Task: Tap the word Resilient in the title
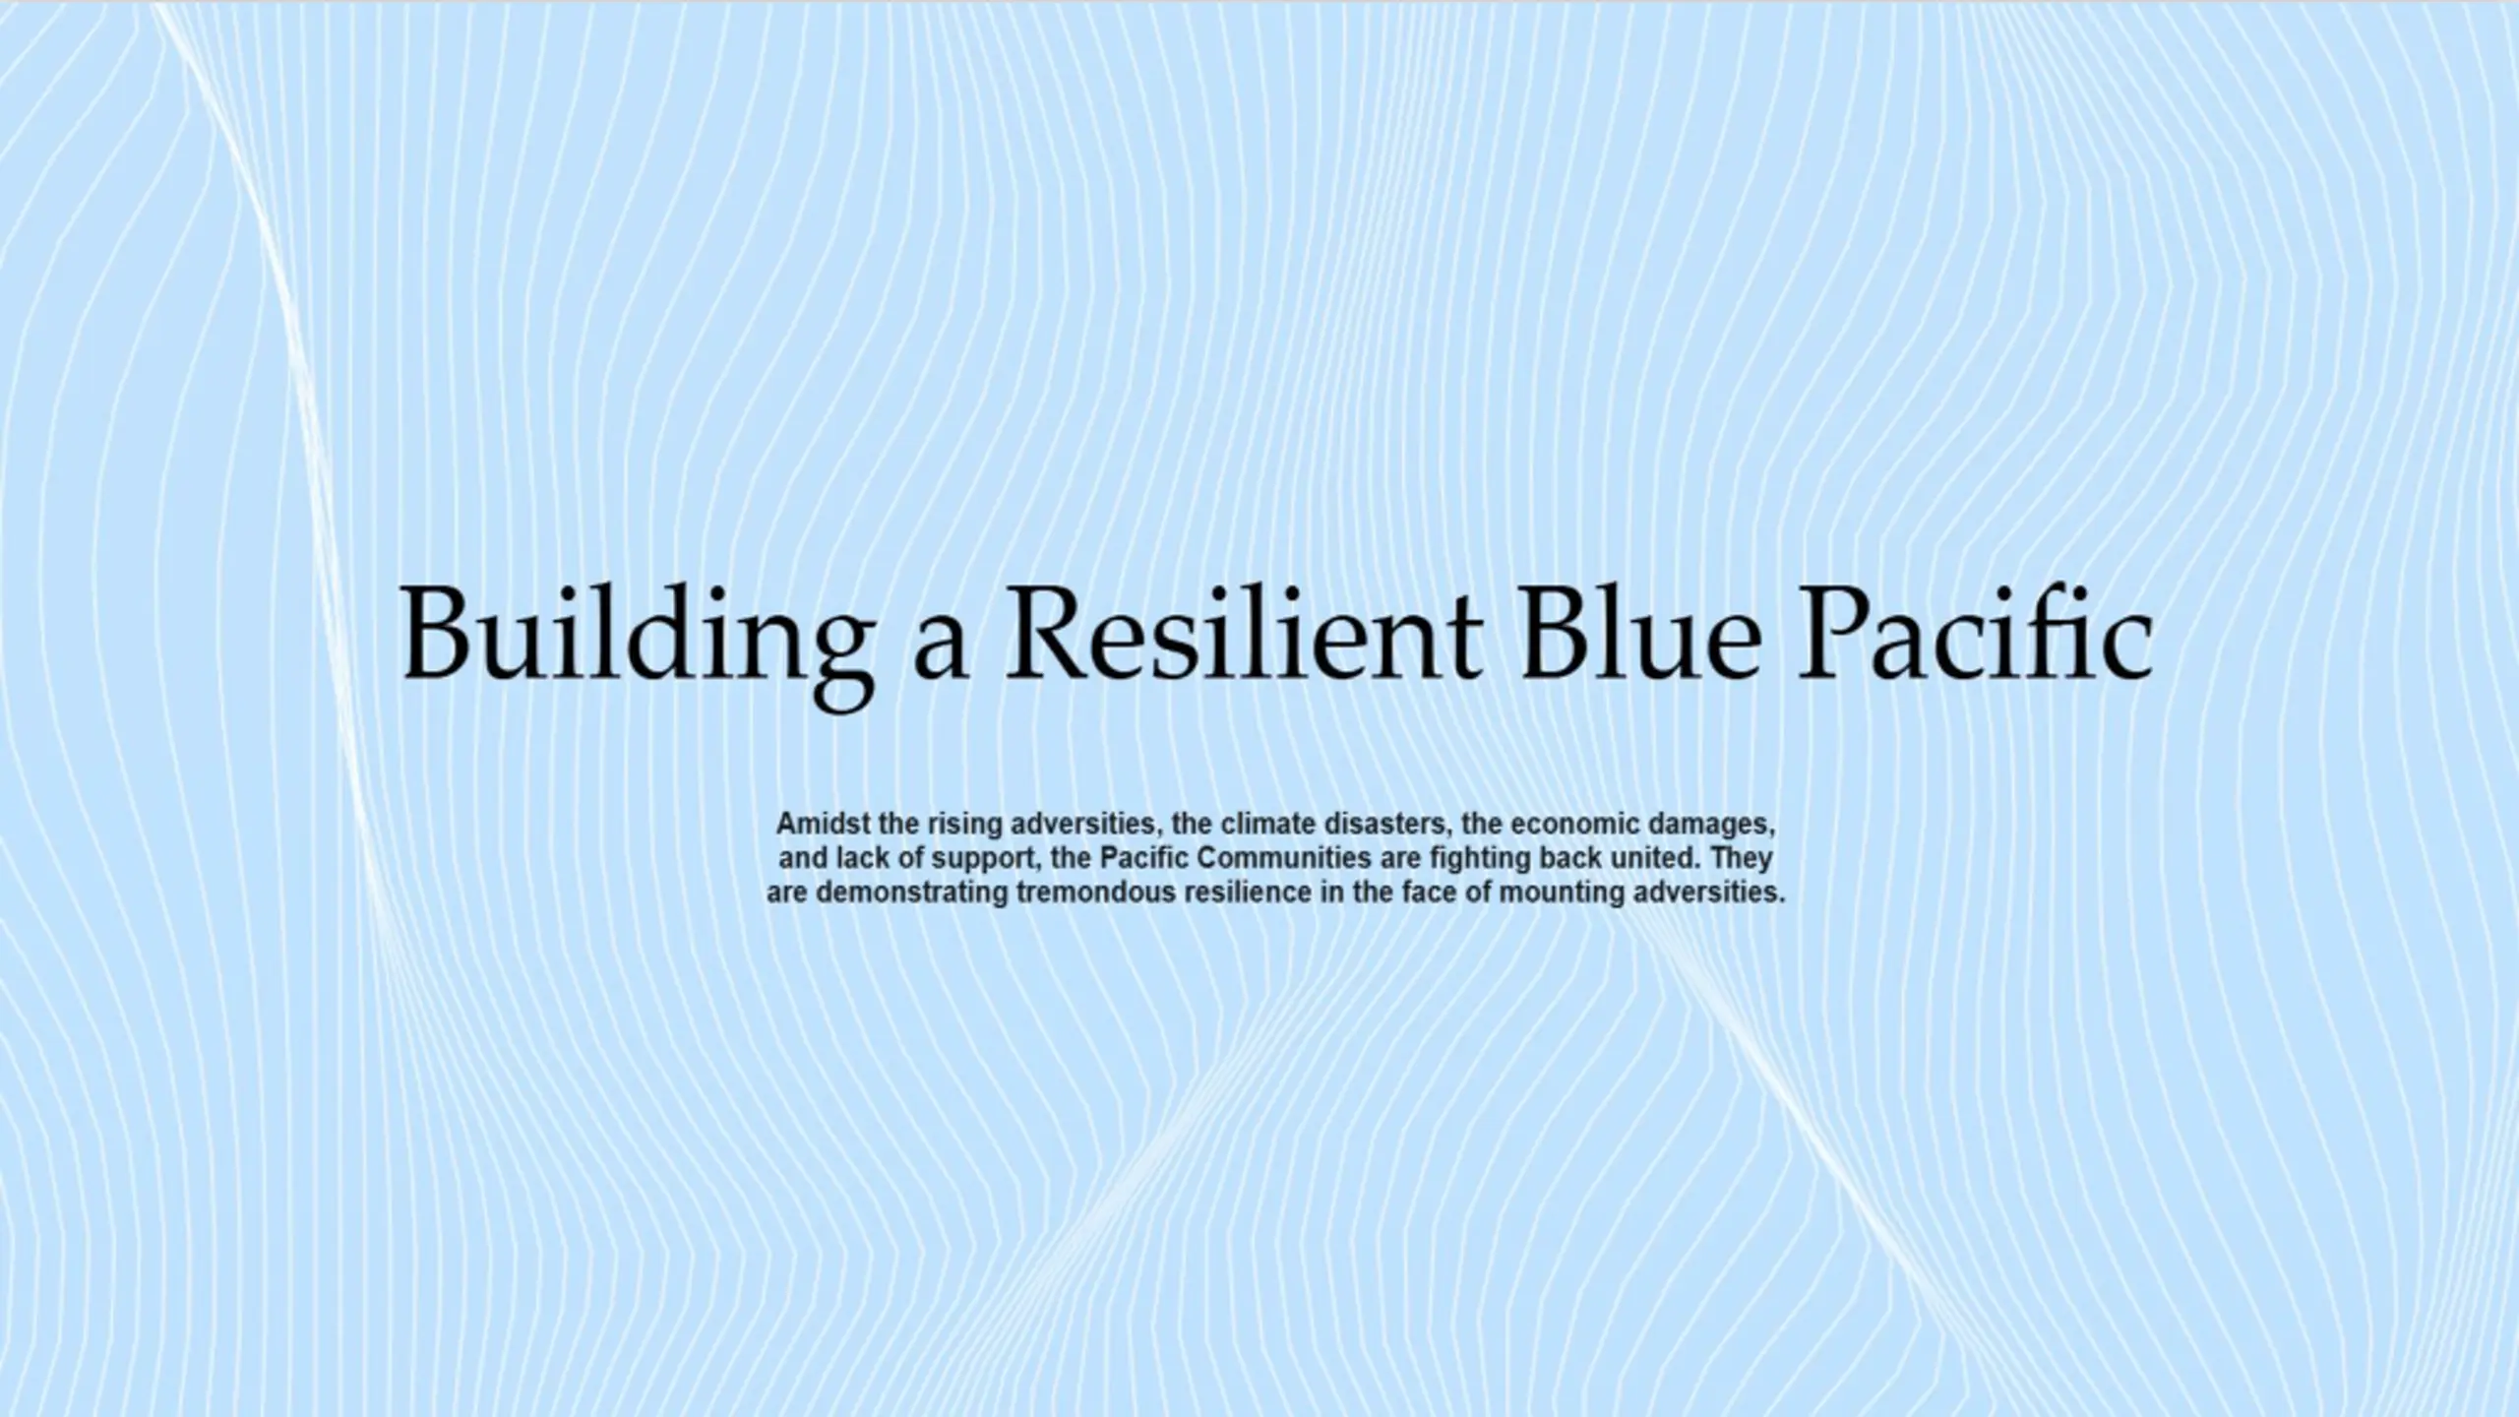coord(1243,633)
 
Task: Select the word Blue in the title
coord(1639,633)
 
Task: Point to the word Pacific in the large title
coord(1975,633)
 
